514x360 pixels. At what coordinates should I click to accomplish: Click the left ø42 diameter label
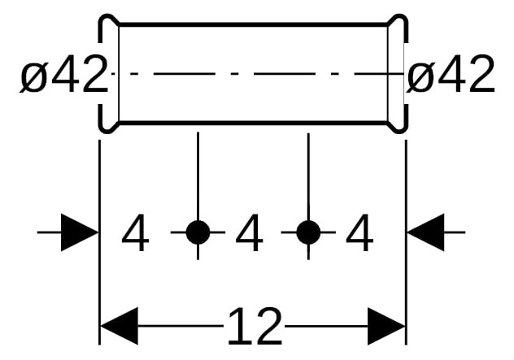64,75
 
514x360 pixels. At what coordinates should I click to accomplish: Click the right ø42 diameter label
451,75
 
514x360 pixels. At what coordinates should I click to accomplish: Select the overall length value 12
255,326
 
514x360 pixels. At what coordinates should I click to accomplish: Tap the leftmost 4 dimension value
135,232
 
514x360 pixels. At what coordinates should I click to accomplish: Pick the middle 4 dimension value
249,232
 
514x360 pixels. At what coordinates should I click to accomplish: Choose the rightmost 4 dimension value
359,232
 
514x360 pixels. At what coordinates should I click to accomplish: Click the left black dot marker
198,232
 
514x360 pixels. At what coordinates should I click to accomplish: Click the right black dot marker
308,232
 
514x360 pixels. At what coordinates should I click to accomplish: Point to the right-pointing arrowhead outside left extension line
80,232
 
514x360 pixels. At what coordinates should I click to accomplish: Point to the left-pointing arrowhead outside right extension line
426,232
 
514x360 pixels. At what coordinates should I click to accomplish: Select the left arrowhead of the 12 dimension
119,326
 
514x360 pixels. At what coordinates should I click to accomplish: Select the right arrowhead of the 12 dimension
386,326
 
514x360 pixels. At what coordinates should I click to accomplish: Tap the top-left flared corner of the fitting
108,20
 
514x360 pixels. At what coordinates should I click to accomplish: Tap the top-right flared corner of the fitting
399,20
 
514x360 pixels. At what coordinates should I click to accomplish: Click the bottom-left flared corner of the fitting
108,128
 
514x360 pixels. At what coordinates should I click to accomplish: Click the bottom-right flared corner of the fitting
399,128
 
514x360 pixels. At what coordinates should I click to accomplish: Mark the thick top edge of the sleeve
253,24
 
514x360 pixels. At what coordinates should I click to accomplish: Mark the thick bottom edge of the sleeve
253,123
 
